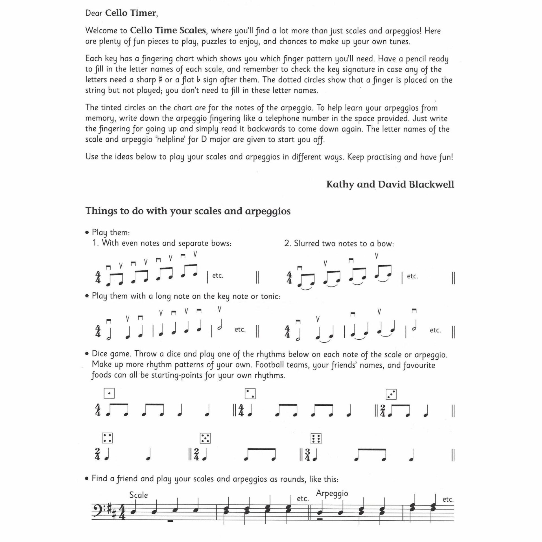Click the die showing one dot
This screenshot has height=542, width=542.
(109, 393)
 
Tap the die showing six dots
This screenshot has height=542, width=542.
(316, 439)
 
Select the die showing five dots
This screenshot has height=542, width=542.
(205, 438)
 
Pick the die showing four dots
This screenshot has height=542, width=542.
(107, 438)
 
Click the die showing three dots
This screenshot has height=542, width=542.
(391, 394)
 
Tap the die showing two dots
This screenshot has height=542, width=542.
(250, 394)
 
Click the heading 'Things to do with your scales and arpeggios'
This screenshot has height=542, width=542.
(188, 211)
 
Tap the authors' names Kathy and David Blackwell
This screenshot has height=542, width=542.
(390, 184)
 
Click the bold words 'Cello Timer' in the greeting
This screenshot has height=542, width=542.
(130, 13)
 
